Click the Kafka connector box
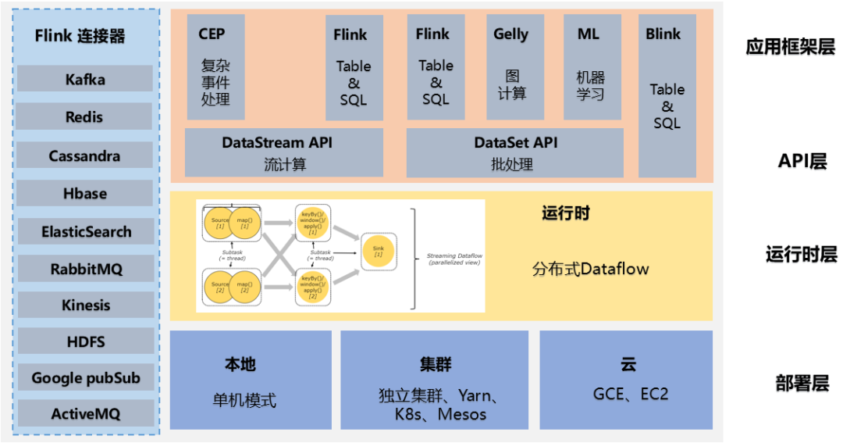(85, 79)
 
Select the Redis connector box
(85, 116)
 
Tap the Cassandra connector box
(85, 155)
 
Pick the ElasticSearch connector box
(85, 231)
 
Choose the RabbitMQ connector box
(85, 269)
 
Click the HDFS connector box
(85, 341)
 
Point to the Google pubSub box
(85, 378)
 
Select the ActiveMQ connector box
(85, 413)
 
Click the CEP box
(215, 67)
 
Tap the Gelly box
(511, 67)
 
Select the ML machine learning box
(592, 67)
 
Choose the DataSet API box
(515, 152)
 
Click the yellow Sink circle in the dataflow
(378, 250)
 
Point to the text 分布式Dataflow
(591, 270)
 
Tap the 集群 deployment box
(435, 380)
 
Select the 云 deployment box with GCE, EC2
(626, 380)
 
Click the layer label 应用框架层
(790, 47)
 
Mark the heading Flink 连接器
(80, 36)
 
